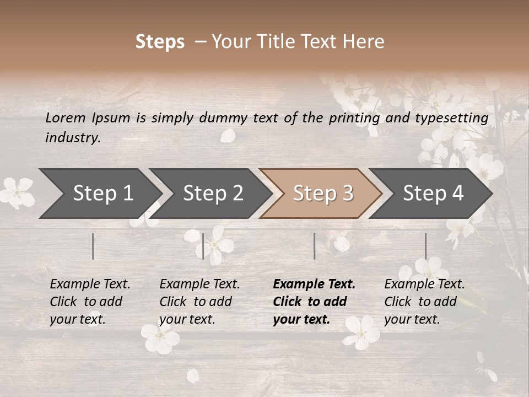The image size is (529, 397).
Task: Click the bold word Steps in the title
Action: point(160,42)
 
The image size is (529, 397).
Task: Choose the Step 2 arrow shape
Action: point(213,193)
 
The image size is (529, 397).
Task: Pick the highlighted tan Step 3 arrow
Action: point(322,193)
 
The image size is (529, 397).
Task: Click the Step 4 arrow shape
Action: point(433,193)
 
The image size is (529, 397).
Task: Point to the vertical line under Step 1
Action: point(93,246)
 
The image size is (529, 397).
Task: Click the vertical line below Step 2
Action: point(203,246)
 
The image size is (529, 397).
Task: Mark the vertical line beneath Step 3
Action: point(314,246)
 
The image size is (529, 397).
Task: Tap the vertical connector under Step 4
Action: point(425,246)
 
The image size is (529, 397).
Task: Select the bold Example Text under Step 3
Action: point(314,302)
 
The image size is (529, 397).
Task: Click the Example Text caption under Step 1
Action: point(90,302)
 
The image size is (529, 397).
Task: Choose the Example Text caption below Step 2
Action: point(199,302)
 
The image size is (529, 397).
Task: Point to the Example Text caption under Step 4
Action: point(424,302)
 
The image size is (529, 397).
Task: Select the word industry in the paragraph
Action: point(72,138)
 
